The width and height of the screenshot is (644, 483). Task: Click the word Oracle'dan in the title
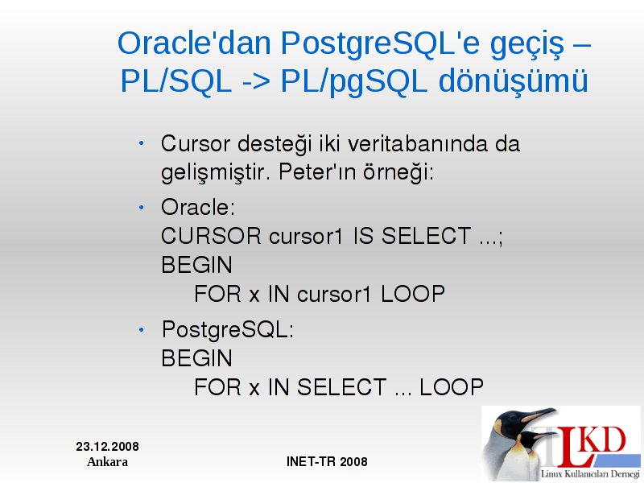coord(194,43)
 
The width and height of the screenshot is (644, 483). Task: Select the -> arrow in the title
coord(256,82)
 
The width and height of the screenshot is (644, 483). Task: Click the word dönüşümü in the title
coord(514,81)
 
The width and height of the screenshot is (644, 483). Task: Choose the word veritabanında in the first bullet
coord(417,144)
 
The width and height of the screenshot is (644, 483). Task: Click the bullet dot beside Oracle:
coord(142,208)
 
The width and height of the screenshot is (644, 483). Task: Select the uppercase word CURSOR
coord(211,236)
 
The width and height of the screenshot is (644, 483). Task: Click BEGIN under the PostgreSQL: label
coord(196,358)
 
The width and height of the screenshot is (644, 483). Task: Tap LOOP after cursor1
coord(413,294)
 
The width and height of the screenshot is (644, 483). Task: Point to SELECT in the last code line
coord(341,387)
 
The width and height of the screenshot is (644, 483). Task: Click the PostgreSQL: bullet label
coord(228,330)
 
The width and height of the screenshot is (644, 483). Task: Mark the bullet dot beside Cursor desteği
coord(142,143)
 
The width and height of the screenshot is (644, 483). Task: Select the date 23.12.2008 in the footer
coord(108,447)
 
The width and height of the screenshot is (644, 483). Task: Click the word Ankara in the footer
coord(108,462)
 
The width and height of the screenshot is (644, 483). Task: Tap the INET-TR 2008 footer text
coord(327,461)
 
